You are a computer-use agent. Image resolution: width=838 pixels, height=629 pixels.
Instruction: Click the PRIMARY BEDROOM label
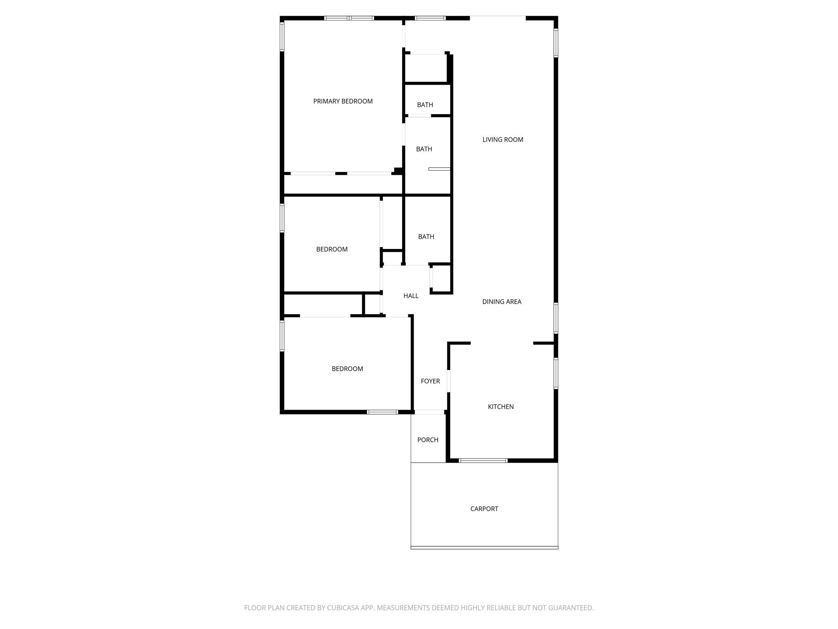[343, 101]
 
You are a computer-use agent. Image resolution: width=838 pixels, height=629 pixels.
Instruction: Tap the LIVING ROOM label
[502, 140]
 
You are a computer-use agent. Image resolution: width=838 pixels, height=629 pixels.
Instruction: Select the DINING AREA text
[502, 302]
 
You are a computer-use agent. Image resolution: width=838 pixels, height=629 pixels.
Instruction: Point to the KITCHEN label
[500, 407]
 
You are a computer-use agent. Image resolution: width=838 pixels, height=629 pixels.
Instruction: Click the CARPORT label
[484, 509]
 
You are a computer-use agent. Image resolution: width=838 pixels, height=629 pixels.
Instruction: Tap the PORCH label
[428, 440]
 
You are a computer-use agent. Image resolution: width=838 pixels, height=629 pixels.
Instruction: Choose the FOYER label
[430, 381]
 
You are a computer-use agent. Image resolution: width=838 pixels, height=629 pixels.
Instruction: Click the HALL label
[411, 296]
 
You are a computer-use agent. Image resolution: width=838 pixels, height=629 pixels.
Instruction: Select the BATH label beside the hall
[426, 237]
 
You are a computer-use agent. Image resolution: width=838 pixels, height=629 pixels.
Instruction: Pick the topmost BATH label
[425, 105]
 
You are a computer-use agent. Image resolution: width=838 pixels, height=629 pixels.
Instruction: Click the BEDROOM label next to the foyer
[347, 369]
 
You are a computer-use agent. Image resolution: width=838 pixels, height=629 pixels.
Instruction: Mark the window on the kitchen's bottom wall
[483, 461]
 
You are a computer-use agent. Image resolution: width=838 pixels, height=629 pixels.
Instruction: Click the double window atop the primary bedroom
[349, 18]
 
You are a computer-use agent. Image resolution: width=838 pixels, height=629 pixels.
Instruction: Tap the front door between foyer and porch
[430, 412]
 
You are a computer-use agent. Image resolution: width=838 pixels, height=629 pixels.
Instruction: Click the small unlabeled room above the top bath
[426, 68]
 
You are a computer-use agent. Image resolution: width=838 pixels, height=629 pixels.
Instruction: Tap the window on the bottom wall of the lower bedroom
[382, 412]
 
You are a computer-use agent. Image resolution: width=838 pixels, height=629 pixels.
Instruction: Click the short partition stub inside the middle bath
[439, 169]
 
